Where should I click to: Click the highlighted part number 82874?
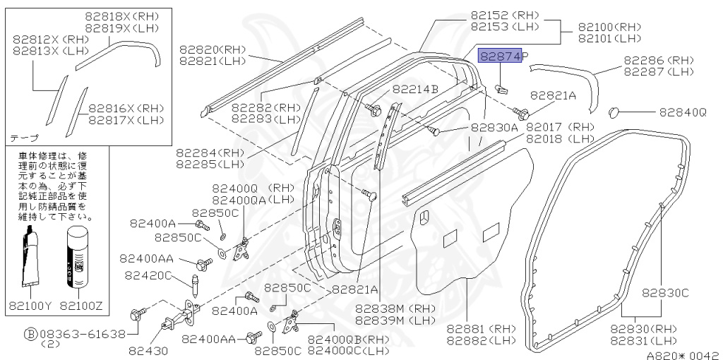tap(501, 56)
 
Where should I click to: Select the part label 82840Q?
tap(682, 112)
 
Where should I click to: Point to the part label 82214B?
tap(416, 89)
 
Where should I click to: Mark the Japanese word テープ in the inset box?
tap(24, 137)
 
